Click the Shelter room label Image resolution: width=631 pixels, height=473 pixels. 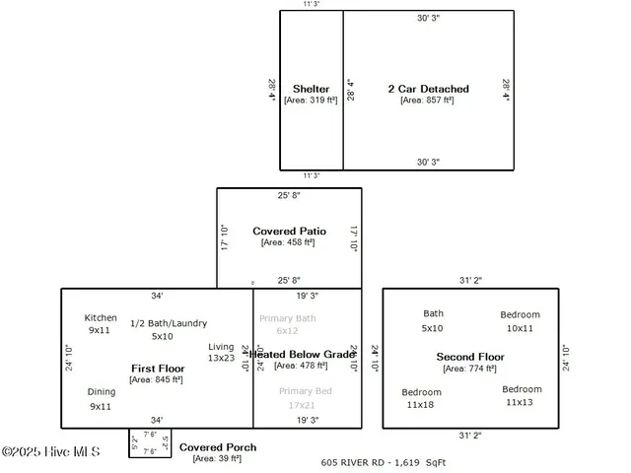click(x=311, y=89)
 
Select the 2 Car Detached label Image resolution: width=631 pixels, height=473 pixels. click(x=428, y=89)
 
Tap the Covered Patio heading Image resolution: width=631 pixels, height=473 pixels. click(x=289, y=231)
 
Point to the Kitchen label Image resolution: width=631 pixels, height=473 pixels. click(x=101, y=318)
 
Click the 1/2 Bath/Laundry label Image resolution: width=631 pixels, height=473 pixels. click(x=162, y=323)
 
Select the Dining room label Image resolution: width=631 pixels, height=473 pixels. click(x=101, y=392)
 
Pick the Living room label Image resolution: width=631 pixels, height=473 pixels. click(x=221, y=347)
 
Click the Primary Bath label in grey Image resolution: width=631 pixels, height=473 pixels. click(x=287, y=318)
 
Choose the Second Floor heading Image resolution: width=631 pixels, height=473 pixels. click(x=470, y=357)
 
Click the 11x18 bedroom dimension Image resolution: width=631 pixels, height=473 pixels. click(x=421, y=405)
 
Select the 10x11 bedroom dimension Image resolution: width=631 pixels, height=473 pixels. click(x=520, y=328)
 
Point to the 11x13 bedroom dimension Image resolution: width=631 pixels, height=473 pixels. click(x=521, y=402)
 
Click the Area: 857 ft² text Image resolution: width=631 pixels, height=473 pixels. click(x=428, y=100)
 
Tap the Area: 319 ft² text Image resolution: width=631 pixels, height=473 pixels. click(x=311, y=100)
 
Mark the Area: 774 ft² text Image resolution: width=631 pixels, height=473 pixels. click(x=470, y=369)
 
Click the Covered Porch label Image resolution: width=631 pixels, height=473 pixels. click(x=218, y=447)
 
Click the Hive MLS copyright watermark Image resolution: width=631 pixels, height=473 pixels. click(x=51, y=451)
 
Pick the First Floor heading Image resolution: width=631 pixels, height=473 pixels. click(x=158, y=369)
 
